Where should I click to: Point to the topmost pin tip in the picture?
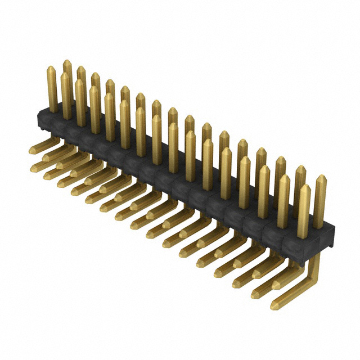tap(67, 62)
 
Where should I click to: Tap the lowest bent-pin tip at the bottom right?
tap(274, 307)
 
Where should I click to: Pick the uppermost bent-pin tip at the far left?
tap(32, 150)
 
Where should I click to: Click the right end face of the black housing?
tap(332, 236)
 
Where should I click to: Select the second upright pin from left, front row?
tap(66, 96)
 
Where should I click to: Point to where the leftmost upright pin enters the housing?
tap(53, 110)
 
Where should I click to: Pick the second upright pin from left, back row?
tap(82, 79)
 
